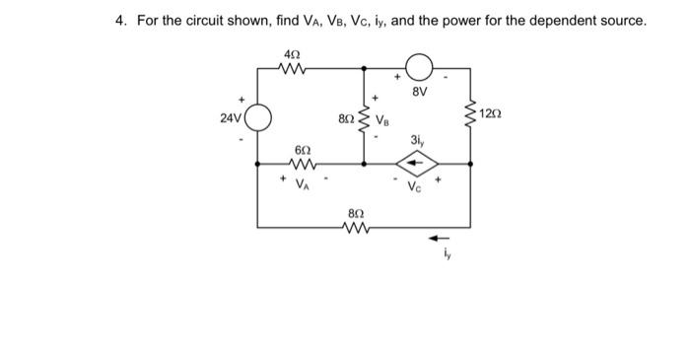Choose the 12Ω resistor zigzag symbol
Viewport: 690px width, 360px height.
point(469,119)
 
